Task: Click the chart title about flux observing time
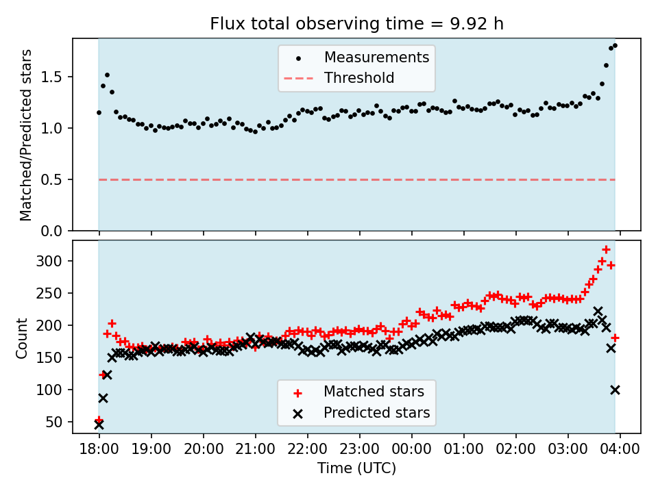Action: click(356, 24)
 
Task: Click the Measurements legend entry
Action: click(376, 57)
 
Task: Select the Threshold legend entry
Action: click(359, 78)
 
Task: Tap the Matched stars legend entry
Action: click(374, 392)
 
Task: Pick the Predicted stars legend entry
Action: click(376, 413)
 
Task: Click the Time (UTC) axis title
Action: click(356, 469)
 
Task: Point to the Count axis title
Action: click(23, 338)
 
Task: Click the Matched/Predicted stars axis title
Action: click(26, 135)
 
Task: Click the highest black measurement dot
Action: click(615, 46)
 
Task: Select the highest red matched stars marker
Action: click(606, 250)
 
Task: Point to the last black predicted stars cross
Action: click(615, 390)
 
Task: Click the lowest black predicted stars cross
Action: click(99, 425)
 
